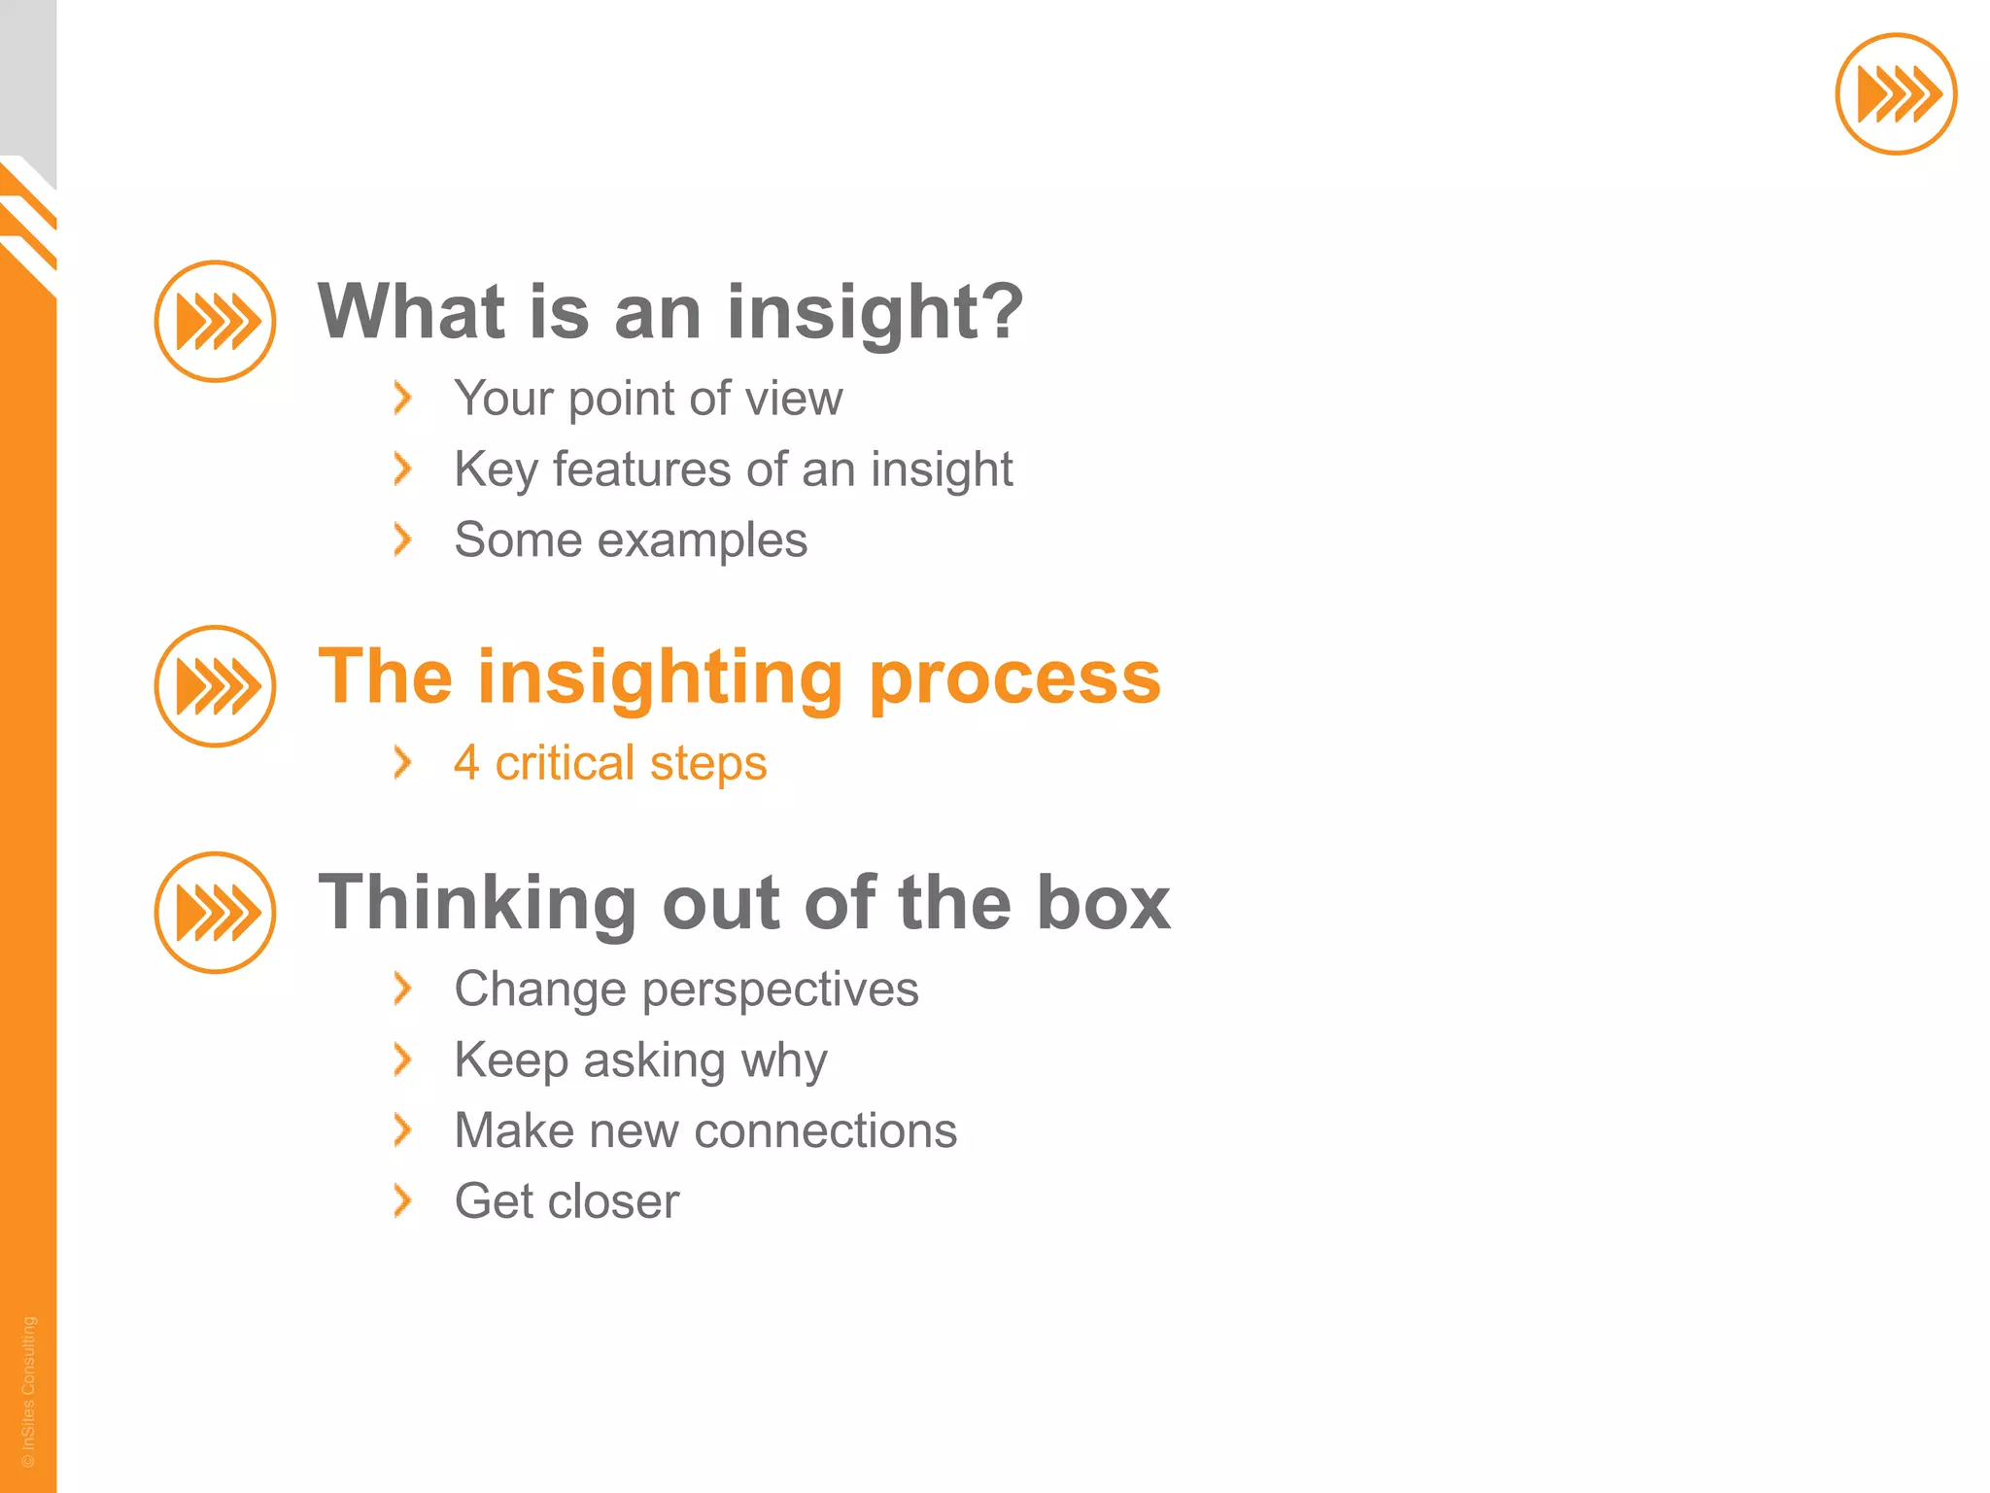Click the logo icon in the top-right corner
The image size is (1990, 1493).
click(x=1895, y=94)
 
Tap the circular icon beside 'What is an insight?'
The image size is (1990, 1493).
click(x=215, y=321)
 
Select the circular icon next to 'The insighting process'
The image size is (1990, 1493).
click(x=215, y=685)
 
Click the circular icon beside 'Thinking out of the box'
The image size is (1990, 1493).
click(x=215, y=912)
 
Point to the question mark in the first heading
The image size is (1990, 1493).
click(x=1000, y=311)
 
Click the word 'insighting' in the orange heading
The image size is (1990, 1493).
click(x=660, y=677)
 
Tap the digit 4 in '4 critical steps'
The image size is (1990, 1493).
click(x=466, y=762)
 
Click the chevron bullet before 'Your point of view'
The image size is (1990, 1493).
click(x=402, y=398)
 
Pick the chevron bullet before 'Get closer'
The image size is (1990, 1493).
click(x=402, y=1200)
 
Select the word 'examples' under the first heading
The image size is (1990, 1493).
click(x=702, y=541)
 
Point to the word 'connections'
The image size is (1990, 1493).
click(x=826, y=1130)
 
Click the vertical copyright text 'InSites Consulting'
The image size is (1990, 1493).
click(x=28, y=1390)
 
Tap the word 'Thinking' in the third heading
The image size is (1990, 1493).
click(x=476, y=902)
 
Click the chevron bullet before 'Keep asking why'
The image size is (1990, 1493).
click(x=402, y=1059)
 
